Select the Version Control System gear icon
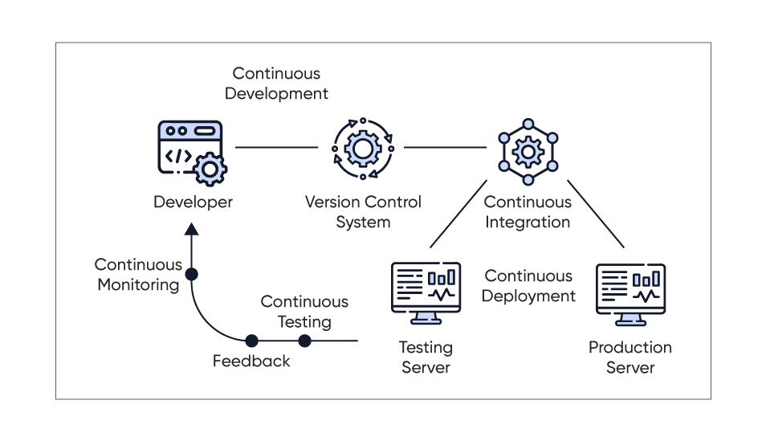point(363,149)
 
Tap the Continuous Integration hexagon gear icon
point(528,149)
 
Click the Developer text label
point(193,202)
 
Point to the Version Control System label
point(363,212)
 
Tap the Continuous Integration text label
point(528,212)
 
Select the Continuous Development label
point(277,84)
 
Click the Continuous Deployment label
point(528,286)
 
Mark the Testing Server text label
point(426,357)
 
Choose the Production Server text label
point(630,357)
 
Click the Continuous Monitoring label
point(138,274)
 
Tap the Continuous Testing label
point(304,312)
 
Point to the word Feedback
point(251,361)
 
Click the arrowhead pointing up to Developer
point(191,230)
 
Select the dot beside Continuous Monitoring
point(191,275)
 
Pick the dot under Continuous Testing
point(304,341)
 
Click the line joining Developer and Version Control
point(277,148)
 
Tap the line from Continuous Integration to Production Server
point(595,218)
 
